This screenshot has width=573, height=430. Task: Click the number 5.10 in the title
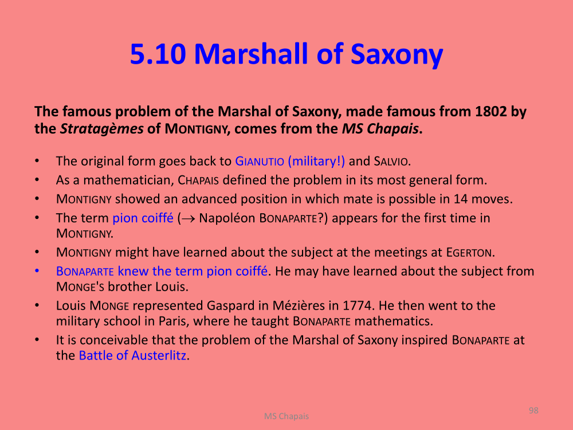click(158, 54)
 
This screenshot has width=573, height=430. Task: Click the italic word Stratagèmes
click(101, 128)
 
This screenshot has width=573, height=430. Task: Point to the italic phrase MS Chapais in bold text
click(380, 128)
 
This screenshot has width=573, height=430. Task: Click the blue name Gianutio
click(260, 161)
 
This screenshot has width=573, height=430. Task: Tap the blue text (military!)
click(316, 161)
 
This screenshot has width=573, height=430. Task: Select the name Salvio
click(390, 161)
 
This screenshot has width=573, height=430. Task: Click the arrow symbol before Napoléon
click(188, 218)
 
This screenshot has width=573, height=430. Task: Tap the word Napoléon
click(227, 218)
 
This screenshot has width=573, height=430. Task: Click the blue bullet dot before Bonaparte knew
click(37, 271)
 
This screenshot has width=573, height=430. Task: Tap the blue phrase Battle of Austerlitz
click(133, 355)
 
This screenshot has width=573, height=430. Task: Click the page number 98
click(533, 411)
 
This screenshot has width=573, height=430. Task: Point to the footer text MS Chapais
click(286, 416)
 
